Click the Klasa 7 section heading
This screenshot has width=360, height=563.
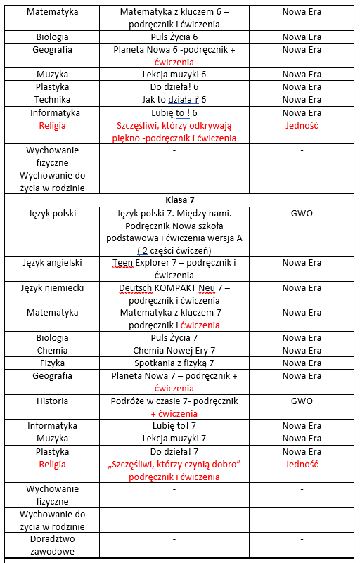point(180,200)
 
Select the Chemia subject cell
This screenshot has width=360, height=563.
point(53,350)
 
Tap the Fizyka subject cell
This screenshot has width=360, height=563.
point(53,363)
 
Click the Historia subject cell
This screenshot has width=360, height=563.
point(53,401)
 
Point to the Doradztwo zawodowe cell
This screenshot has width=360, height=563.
point(53,545)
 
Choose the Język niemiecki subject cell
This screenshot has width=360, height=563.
point(53,287)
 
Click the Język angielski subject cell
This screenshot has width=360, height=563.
point(53,262)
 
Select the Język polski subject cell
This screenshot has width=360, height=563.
point(53,213)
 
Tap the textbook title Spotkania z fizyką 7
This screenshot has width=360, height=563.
point(174,363)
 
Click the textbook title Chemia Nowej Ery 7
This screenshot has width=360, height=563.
point(174,350)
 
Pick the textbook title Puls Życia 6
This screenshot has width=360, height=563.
point(174,37)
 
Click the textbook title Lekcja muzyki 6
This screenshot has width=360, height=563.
point(174,74)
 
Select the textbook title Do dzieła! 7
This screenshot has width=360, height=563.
point(174,451)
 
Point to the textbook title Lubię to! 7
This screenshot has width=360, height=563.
point(174,425)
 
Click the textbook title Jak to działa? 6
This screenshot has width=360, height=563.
point(174,100)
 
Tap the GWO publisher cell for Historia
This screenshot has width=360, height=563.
point(302,401)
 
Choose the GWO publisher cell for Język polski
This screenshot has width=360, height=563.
point(302,213)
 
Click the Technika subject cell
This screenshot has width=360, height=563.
point(53,100)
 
